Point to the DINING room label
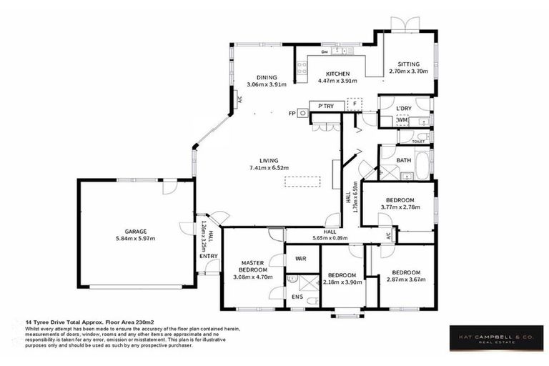266,78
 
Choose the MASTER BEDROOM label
253,265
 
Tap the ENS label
297,295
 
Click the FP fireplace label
292,113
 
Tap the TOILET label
418,142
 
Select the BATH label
402,161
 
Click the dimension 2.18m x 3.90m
342,282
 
